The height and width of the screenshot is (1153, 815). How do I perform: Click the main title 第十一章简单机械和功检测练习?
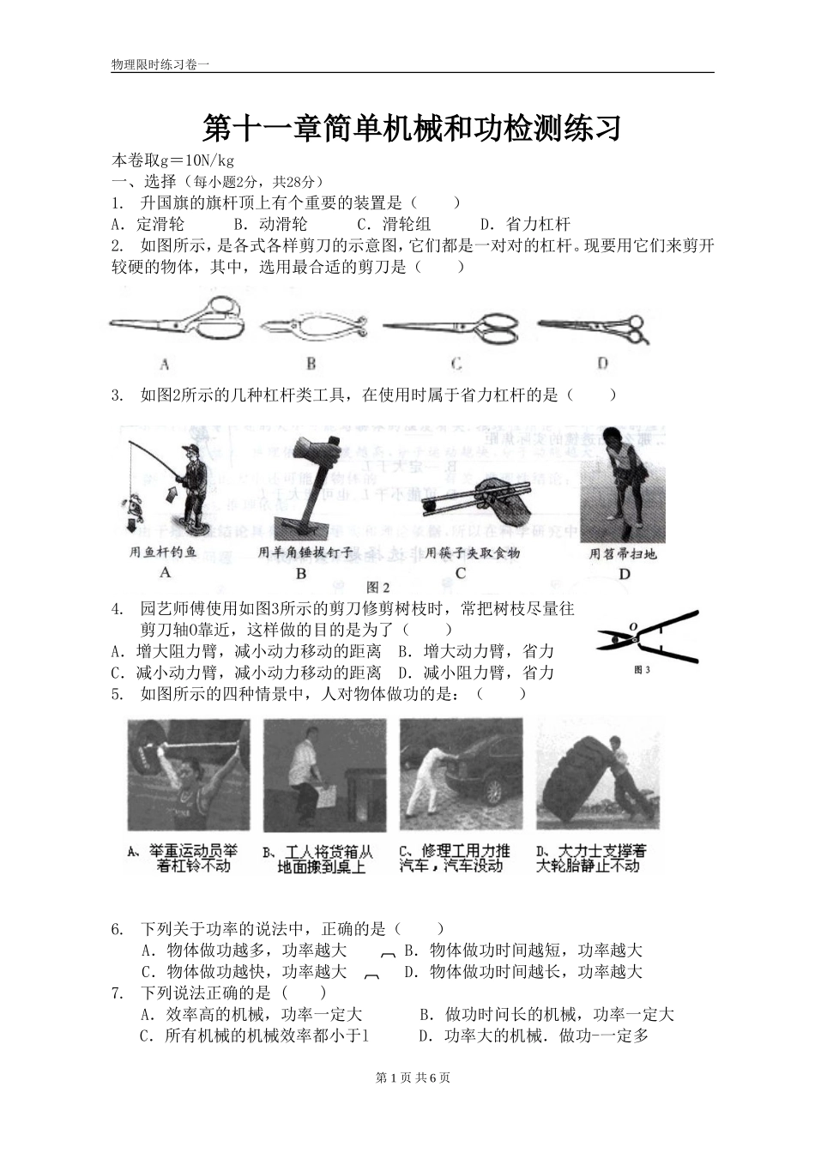(x=412, y=129)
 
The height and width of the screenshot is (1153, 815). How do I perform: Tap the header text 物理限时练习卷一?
(x=160, y=65)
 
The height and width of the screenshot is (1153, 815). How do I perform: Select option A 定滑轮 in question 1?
(x=148, y=225)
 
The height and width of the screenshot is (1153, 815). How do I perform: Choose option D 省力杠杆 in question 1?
(x=525, y=225)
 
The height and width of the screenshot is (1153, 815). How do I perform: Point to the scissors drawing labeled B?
(x=314, y=327)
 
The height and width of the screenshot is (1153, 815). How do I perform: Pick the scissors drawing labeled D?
(x=592, y=326)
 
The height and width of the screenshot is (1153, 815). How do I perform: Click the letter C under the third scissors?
(x=456, y=364)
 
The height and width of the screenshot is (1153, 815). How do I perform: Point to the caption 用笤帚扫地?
(x=623, y=554)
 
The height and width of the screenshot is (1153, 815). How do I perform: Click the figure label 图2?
(x=377, y=588)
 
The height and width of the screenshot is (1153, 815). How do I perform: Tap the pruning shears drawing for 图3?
(x=648, y=637)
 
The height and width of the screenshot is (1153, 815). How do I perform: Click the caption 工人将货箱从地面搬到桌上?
(x=318, y=859)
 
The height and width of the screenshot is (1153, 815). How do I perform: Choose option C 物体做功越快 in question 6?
(x=244, y=972)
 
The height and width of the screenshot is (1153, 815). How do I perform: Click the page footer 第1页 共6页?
(x=413, y=1078)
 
